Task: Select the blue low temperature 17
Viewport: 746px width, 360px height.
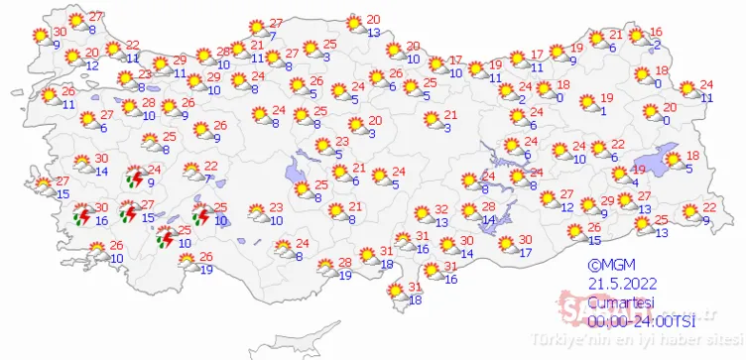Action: coord(526,252)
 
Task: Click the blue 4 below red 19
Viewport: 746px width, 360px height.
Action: coord(635,181)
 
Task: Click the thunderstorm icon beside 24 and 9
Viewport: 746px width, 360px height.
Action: coord(134,178)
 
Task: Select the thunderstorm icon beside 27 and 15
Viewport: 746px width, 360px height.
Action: coord(127,211)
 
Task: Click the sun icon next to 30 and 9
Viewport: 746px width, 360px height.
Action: coord(40,36)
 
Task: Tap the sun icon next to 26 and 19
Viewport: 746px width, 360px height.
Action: coord(186,261)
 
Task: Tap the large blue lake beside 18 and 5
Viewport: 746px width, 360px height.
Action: coord(656,159)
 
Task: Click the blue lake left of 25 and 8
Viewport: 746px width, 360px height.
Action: coord(297,176)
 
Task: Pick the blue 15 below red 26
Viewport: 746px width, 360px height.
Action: coord(594,240)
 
